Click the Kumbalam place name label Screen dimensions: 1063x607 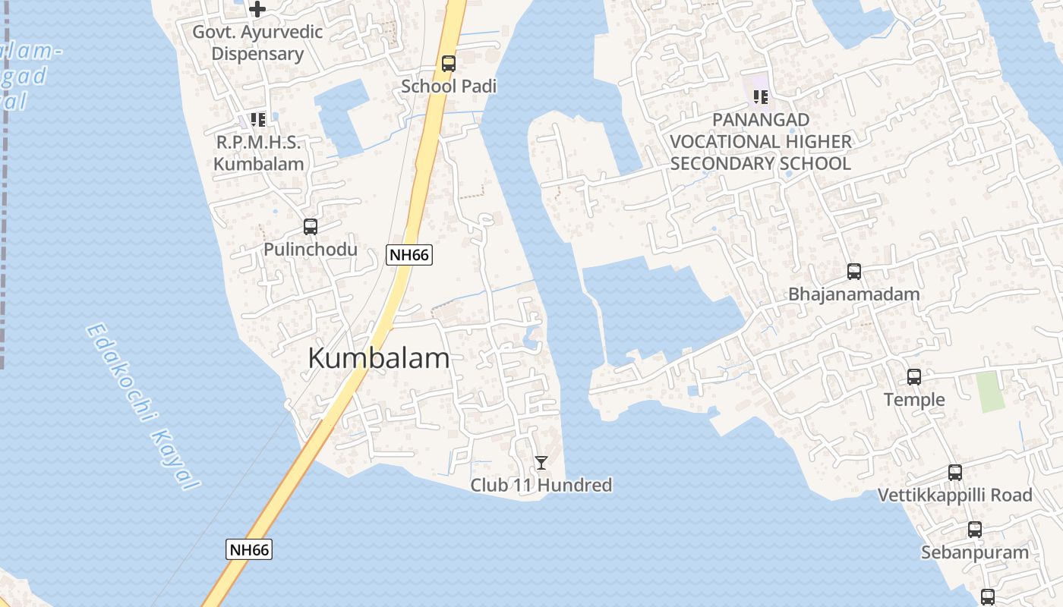coord(378,358)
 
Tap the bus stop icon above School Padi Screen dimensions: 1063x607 coord(449,64)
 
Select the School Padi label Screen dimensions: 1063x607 coord(449,86)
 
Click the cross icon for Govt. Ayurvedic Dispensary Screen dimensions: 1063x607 coord(257,9)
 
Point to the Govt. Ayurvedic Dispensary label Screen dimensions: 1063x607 coord(257,43)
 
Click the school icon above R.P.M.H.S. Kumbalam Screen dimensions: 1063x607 coord(258,120)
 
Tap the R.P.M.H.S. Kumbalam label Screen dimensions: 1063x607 coord(258,153)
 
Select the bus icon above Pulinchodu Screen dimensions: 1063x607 coord(310,226)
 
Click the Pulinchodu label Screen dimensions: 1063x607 coord(310,249)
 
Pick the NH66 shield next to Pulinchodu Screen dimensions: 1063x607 coord(409,255)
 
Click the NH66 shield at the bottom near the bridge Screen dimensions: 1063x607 coord(249,549)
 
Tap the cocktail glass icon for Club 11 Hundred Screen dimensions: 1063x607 coord(541,462)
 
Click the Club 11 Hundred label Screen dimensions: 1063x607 coord(541,485)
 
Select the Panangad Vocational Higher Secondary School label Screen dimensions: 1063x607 coord(760,142)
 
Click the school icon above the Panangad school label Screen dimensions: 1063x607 coord(760,97)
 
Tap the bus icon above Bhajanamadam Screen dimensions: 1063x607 coord(853,272)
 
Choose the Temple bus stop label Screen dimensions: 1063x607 coord(914,400)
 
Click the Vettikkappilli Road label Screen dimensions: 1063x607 coord(954,495)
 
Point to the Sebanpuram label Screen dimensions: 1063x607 coord(974,552)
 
